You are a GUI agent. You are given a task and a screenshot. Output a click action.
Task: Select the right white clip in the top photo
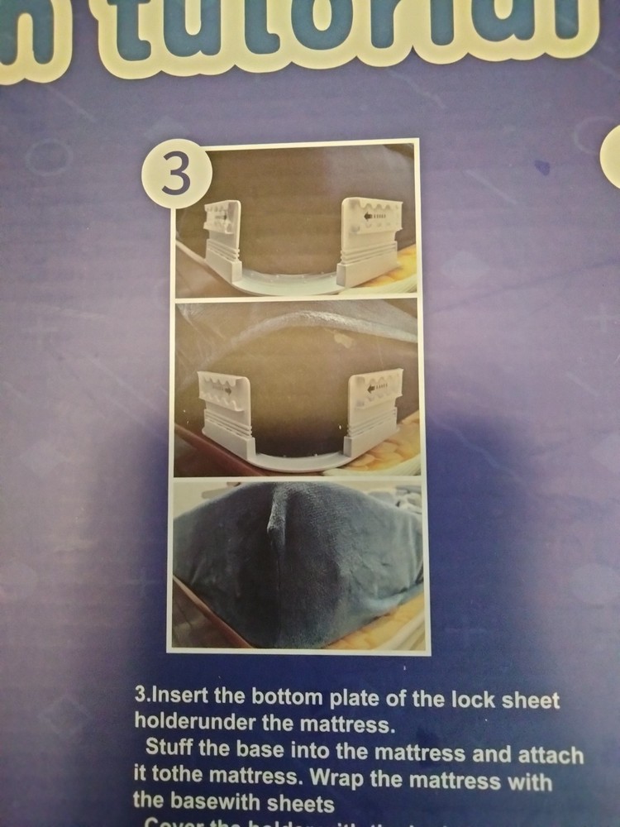click(x=372, y=240)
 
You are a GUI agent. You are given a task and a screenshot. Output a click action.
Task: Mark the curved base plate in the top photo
click(x=289, y=281)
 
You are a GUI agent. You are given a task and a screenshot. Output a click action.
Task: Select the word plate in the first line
click(x=343, y=700)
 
